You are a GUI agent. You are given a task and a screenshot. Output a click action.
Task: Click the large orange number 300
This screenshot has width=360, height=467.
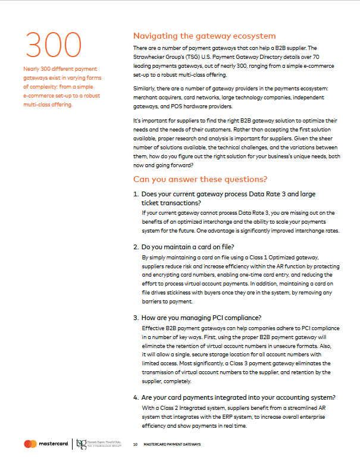point(52,45)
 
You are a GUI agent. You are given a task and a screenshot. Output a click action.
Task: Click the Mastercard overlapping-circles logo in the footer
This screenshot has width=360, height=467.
point(30,444)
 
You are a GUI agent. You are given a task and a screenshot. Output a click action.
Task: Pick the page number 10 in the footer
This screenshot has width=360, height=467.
point(136,444)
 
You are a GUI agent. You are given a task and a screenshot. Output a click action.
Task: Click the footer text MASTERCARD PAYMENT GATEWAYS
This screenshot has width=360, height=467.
point(172,444)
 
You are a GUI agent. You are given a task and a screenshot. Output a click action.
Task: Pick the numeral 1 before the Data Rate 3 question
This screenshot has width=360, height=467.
point(135,194)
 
